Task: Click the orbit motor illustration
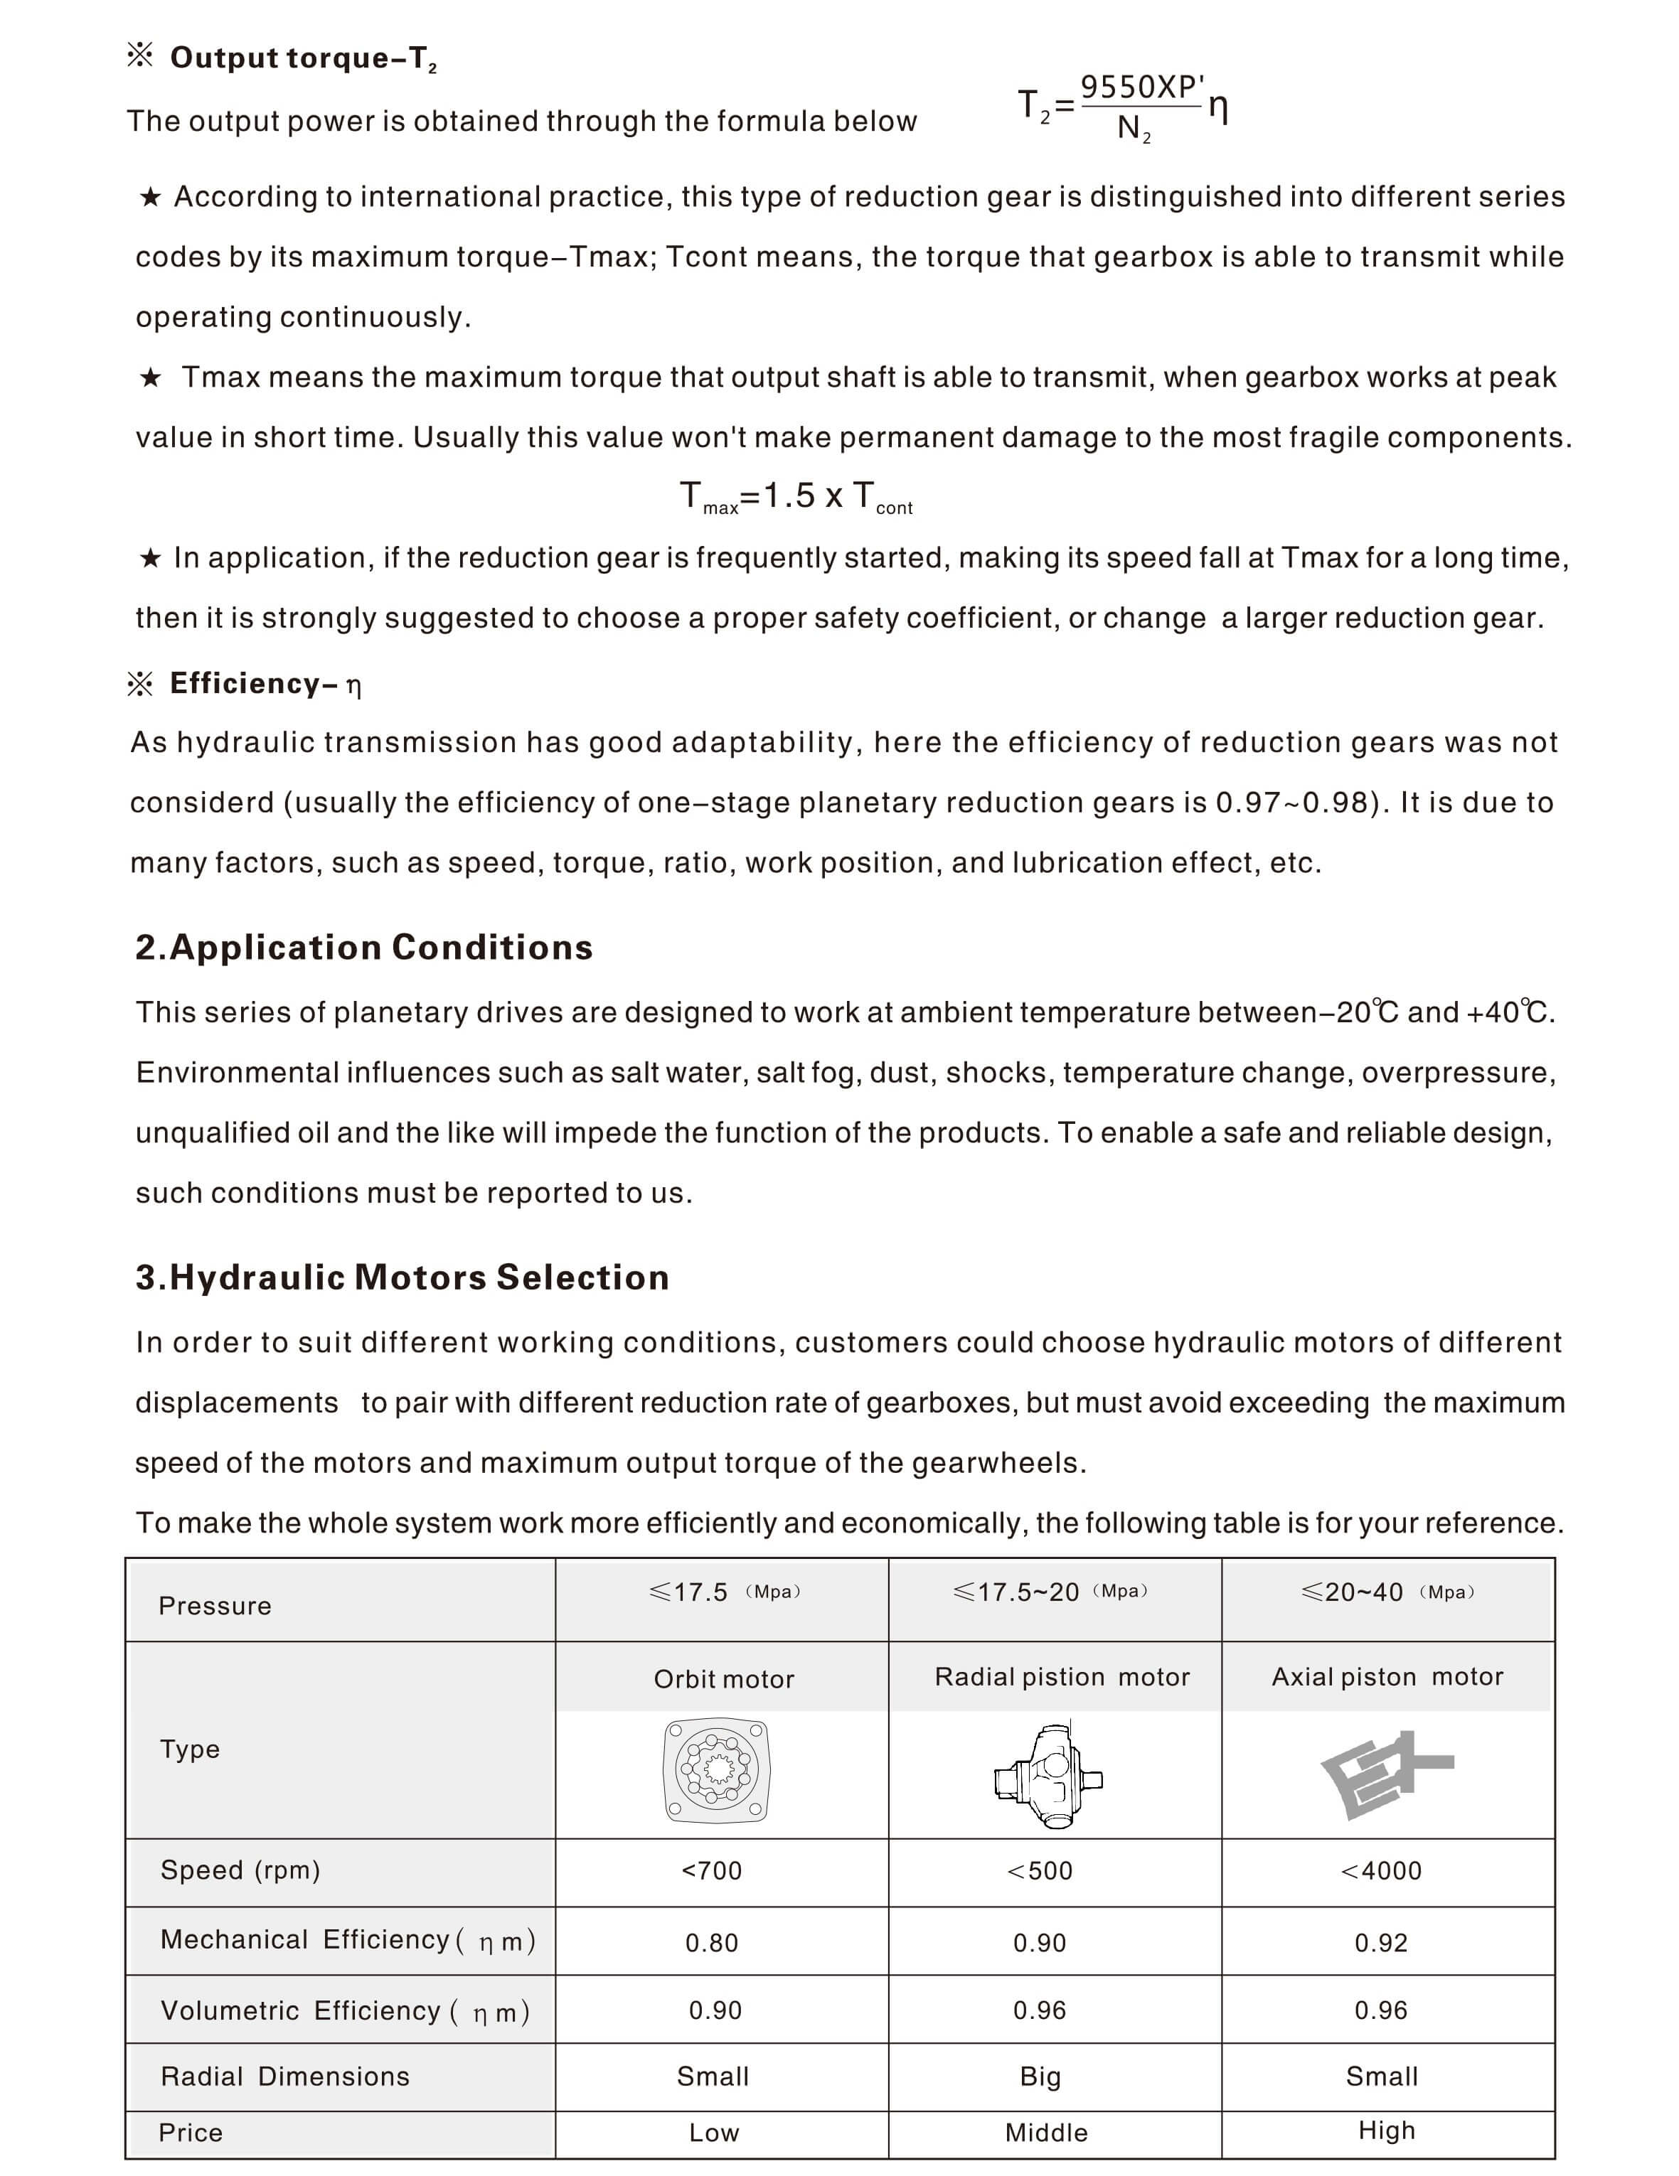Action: [716, 1771]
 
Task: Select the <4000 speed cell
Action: [1381, 1871]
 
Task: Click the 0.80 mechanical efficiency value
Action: [711, 1943]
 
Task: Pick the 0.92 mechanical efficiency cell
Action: [1381, 1943]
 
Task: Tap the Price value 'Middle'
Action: [1046, 2132]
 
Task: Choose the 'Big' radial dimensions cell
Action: [1040, 2076]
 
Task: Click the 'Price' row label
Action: [191, 2132]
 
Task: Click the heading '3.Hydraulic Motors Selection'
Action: [403, 1277]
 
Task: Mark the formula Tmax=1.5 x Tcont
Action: [795, 496]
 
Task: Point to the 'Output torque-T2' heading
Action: [303, 58]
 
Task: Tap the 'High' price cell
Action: [1386, 2131]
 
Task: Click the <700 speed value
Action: [711, 1871]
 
